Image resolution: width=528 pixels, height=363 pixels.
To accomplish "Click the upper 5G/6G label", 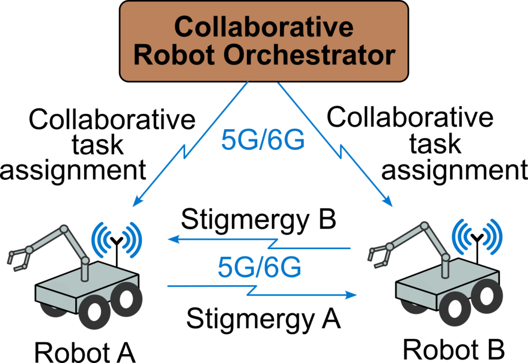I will pos(263,140).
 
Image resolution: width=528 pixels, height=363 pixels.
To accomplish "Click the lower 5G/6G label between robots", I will pos(259,268).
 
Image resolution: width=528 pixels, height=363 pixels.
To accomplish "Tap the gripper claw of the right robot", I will pos(378,256).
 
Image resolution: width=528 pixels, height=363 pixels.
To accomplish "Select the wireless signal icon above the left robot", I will pos(117,238).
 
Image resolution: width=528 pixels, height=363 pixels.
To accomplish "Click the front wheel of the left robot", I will pos(94,312).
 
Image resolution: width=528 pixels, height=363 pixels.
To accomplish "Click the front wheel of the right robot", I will pos(455,309).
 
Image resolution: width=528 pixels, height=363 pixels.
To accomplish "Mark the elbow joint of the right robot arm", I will pos(424,226).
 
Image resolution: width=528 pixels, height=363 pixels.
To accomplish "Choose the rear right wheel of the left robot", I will pos(125,298).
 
